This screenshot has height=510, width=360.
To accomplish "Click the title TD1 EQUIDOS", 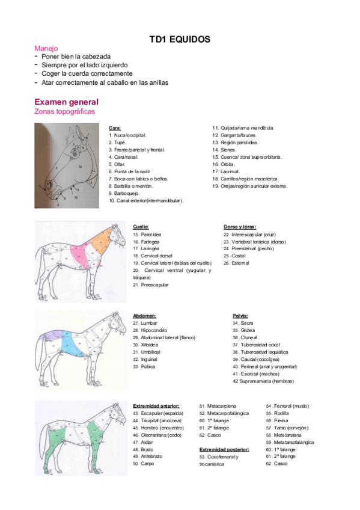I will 180,40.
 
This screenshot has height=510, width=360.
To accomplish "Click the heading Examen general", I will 66,102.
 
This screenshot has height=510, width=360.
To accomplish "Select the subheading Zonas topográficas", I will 64,111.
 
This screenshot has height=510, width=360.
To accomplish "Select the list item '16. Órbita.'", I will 225,164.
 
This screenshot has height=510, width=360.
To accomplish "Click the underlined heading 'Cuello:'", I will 141,227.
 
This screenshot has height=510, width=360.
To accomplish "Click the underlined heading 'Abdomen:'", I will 144,315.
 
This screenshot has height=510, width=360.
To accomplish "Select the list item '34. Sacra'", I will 243,323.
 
